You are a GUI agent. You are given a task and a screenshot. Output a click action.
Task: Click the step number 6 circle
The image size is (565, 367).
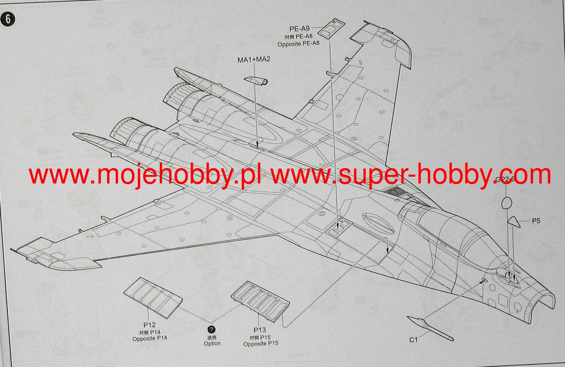point(8,19)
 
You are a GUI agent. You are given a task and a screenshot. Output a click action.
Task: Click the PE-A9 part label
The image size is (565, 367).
point(299,29)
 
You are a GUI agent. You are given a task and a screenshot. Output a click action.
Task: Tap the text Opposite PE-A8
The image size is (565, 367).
point(298,44)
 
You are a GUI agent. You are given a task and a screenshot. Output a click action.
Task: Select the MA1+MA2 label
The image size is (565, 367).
point(254,60)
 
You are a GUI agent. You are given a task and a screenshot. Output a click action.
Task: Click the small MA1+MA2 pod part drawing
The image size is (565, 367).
point(256,80)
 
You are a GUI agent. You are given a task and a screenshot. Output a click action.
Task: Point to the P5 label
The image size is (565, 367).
point(536,221)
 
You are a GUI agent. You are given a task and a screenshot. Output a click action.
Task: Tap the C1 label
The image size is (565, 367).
point(414,340)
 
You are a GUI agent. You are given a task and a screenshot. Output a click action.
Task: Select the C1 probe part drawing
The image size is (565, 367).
point(431,328)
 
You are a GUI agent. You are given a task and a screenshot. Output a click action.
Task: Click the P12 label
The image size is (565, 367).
point(150,325)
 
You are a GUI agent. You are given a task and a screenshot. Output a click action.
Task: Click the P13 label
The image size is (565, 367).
point(259,330)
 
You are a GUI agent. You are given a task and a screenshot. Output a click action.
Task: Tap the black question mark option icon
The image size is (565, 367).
point(212,330)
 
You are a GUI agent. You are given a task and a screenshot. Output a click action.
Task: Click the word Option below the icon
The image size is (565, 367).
point(212,343)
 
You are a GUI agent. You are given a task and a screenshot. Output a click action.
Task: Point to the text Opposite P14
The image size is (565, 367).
point(150,339)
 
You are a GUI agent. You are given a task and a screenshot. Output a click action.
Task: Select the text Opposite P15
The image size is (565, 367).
point(261,343)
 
